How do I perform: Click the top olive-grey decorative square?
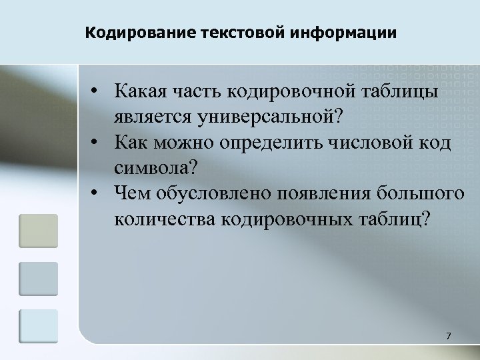coord(39,230)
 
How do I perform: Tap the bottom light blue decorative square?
coord(39,327)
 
